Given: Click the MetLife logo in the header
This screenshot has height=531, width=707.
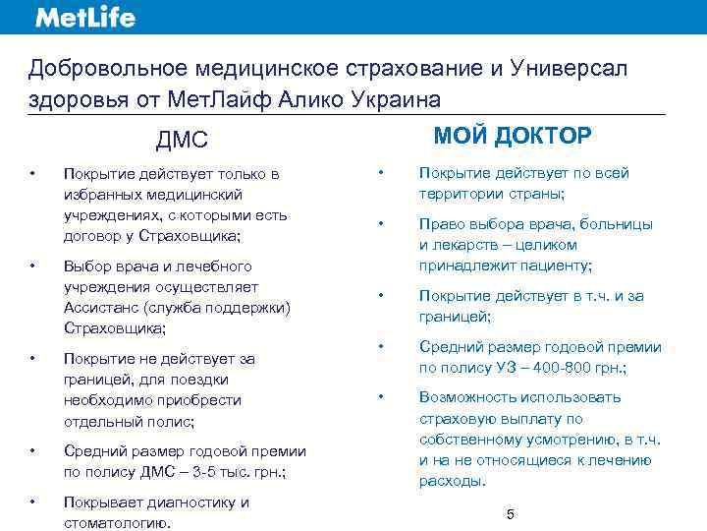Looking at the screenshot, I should [85, 17].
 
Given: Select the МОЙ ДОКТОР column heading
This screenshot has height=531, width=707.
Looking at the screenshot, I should [513, 135].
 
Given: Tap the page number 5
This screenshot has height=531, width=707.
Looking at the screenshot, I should [510, 514].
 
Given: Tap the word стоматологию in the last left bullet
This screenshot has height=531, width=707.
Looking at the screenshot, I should [110, 523].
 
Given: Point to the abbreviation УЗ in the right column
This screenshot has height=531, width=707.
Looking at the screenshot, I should [505, 368].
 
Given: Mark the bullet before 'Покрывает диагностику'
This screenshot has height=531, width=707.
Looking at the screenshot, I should [33, 502].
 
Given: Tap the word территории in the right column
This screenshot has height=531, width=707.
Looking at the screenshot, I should [462, 194].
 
